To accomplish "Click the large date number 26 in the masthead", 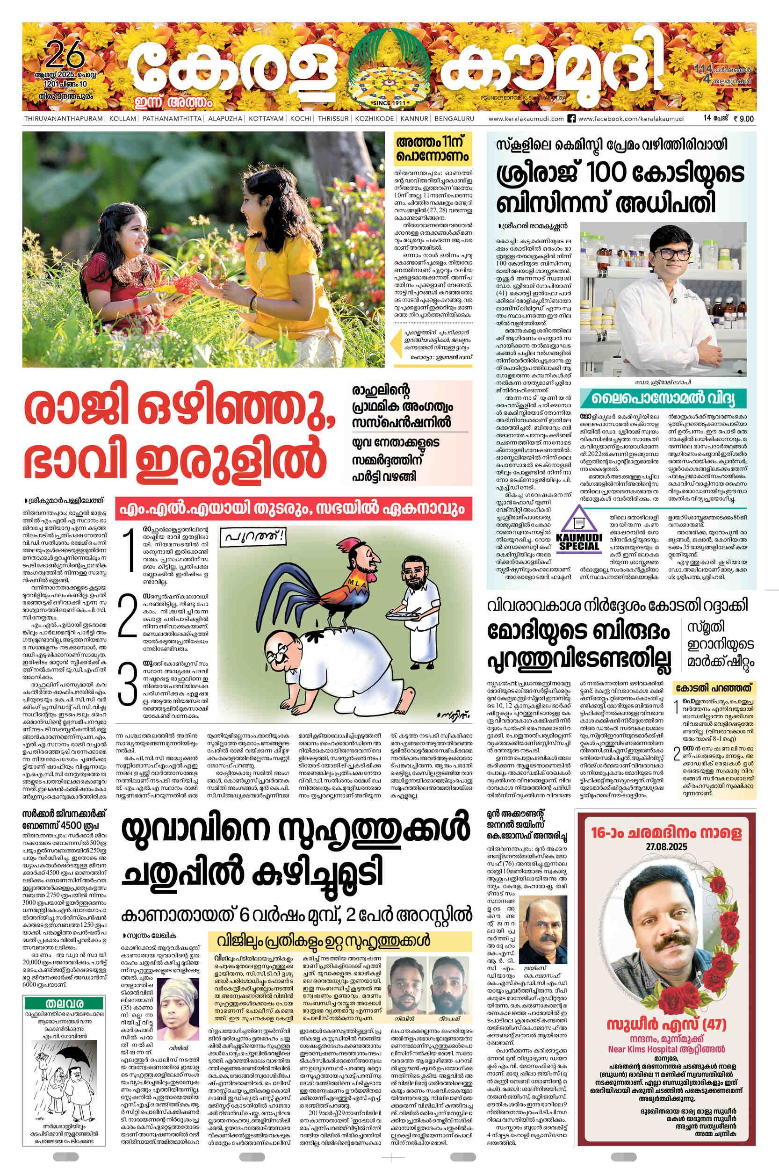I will (65, 56).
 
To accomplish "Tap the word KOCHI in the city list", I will (301, 119).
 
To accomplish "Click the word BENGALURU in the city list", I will (454, 119).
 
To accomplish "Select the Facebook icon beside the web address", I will (571, 119).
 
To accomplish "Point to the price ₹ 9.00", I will (743, 119).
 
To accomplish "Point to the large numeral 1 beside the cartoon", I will (129, 550).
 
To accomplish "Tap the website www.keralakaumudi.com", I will (526, 119).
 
